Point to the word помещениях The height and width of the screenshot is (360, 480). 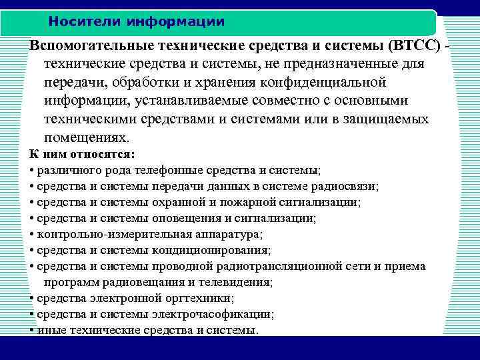click(x=85, y=138)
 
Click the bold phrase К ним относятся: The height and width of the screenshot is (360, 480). click(x=82, y=154)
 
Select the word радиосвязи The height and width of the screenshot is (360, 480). click(x=345, y=186)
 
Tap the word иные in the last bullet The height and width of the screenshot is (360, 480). click(x=49, y=330)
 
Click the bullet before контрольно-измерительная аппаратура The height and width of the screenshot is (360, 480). click(x=32, y=234)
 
